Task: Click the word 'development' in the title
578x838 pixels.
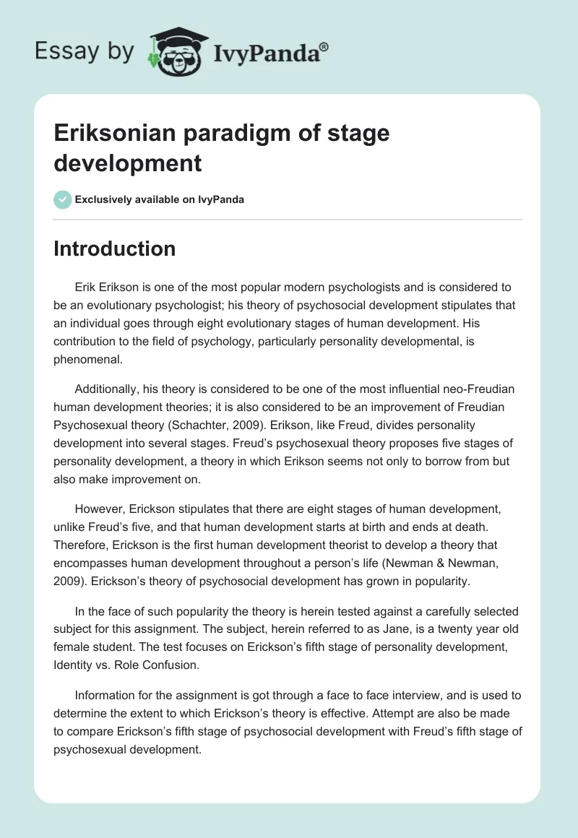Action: pos(127,163)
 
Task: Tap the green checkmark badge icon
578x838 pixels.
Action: pos(62,199)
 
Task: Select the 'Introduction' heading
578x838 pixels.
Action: pos(115,249)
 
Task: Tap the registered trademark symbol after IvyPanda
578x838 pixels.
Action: pos(324,46)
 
